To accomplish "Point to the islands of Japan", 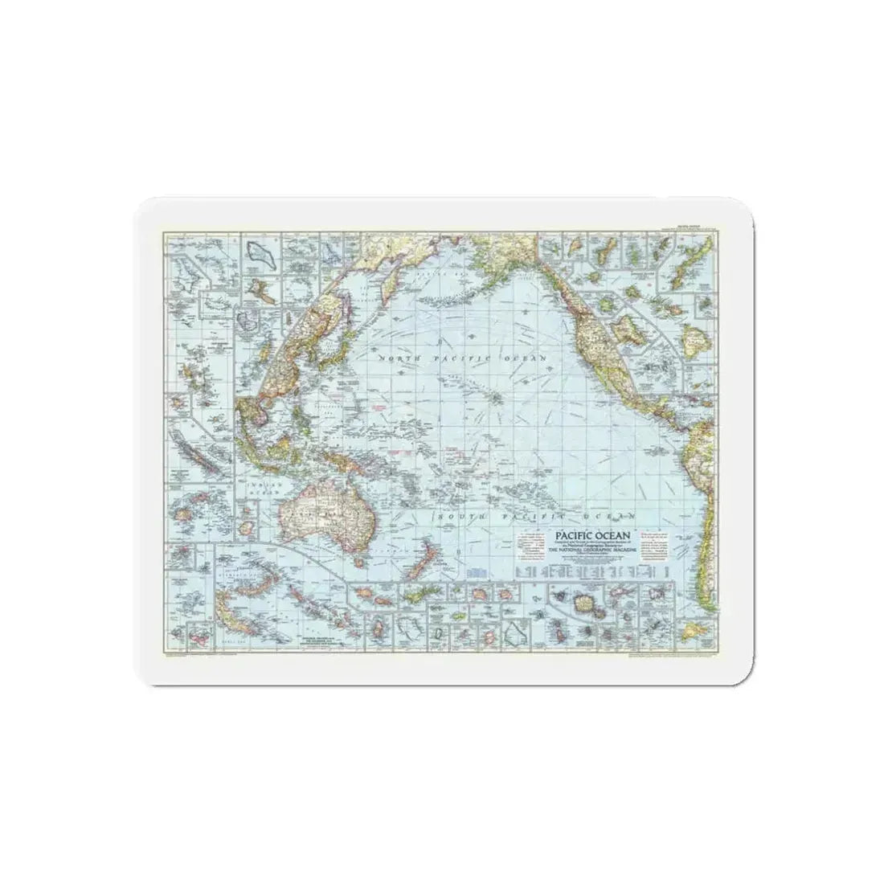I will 342,309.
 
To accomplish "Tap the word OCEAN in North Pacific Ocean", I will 522,356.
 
